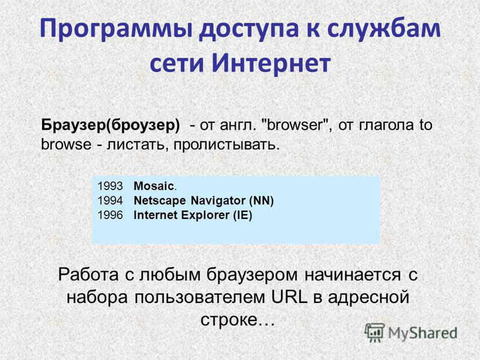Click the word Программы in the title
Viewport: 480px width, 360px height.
tap(116, 29)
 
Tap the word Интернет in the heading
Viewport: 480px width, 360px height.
tap(271, 63)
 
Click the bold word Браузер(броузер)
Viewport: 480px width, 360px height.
tap(110, 125)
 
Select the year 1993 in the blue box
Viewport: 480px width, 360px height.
tap(110, 186)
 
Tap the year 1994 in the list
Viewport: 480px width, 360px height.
tap(110, 200)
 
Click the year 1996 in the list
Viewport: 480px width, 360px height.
tap(110, 215)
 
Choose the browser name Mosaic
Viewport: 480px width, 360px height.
tap(154, 186)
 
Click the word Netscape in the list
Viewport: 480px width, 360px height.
tap(160, 200)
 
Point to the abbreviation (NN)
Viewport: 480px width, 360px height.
tap(262, 201)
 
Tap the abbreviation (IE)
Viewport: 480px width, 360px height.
tap(242, 215)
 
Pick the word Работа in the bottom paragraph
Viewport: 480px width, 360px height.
tap(88, 274)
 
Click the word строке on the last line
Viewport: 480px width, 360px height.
tap(229, 320)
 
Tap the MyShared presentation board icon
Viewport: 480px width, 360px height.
tap(374, 333)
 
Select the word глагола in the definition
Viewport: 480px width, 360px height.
tap(386, 125)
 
